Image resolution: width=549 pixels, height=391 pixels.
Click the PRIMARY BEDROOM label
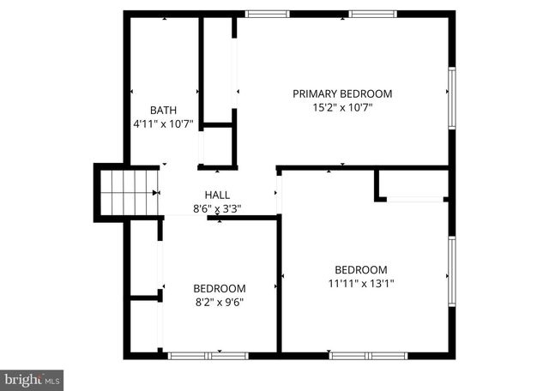[342, 93]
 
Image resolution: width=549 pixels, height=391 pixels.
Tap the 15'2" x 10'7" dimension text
[342, 107]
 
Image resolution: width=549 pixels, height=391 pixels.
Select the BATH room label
[164, 110]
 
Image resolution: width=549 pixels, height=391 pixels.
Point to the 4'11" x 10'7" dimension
[164, 123]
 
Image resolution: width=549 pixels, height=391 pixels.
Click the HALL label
[217, 195]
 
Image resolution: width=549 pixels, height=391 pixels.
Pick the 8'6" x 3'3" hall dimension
[217, 208]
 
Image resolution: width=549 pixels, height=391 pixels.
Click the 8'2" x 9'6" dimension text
[219, 302]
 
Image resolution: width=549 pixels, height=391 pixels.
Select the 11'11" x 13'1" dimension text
[361, 283]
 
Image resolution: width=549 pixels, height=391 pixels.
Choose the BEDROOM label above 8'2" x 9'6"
[219, 288]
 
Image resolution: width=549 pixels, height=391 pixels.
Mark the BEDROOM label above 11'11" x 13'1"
[361, 269]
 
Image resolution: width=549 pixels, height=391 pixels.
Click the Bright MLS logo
[32, 378]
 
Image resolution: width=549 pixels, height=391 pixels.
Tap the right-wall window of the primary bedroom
[451, 98]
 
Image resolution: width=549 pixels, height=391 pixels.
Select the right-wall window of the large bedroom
[451, 272]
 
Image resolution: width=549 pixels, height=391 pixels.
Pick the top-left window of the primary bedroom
[267, 14]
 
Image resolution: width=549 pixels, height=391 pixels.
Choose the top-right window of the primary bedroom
[372, 14]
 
